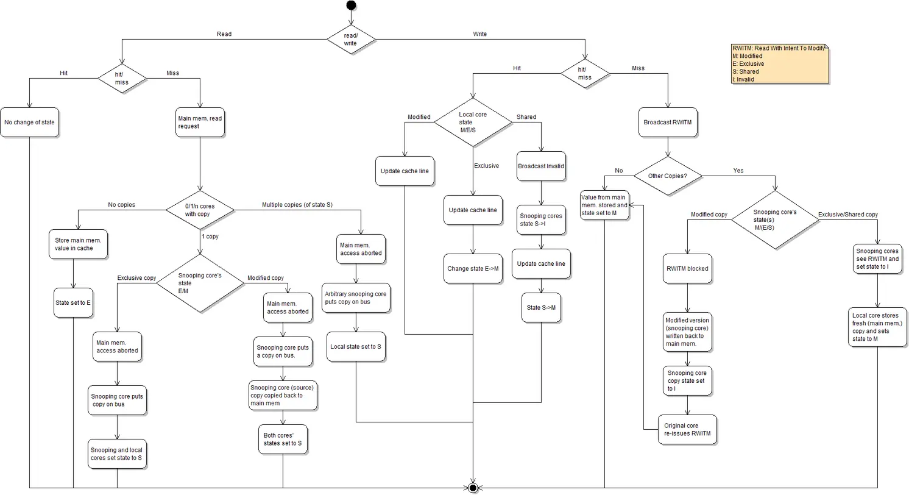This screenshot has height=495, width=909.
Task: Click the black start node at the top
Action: coord(351,5)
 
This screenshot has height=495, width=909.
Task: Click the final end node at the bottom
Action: coord(473,488)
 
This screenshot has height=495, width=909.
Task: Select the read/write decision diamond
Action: coord(351,40)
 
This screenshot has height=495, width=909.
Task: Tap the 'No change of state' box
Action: coord(29,122)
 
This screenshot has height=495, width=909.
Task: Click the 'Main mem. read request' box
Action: coord(200,122)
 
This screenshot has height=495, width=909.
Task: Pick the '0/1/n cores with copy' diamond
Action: coord(200,210)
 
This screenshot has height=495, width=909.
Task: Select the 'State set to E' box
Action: coord(73,303)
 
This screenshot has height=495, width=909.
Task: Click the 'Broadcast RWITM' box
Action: coord(668,122)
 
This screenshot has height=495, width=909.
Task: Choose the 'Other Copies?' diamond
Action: coord(668,176)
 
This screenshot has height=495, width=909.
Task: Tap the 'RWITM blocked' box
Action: coord(687,268)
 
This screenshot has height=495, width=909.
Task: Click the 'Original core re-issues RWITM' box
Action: coord(688,430)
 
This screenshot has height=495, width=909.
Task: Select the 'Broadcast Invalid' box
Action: coord(541,166)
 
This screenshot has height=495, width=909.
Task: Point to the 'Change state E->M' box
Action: coord(473,269)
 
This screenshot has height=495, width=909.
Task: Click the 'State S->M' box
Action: coord(541,308)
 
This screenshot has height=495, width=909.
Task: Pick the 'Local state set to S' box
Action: coord(356,346)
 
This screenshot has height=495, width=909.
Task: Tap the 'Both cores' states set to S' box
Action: coord(283,440)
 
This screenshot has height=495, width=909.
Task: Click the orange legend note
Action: coord(780,63)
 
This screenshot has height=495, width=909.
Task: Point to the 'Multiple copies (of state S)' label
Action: coord(297,205)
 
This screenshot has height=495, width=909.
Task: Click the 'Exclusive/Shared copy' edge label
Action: coord(847,215)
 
